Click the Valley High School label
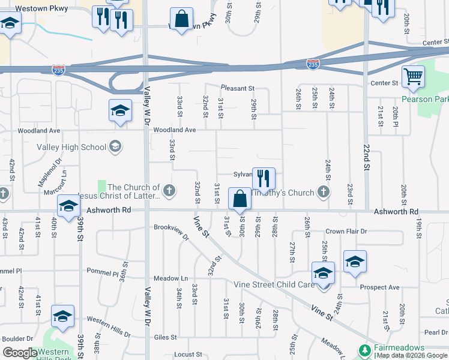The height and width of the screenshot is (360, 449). [71, 147]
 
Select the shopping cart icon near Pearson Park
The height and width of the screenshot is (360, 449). [413, 77]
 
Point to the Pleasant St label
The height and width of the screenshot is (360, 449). [238, 88]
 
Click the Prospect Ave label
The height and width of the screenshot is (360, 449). [379, 287]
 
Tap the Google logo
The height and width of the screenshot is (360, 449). [20, 353]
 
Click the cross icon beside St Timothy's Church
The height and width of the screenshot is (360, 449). [324, 193]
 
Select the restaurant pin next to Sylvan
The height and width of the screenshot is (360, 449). [264, 178]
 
